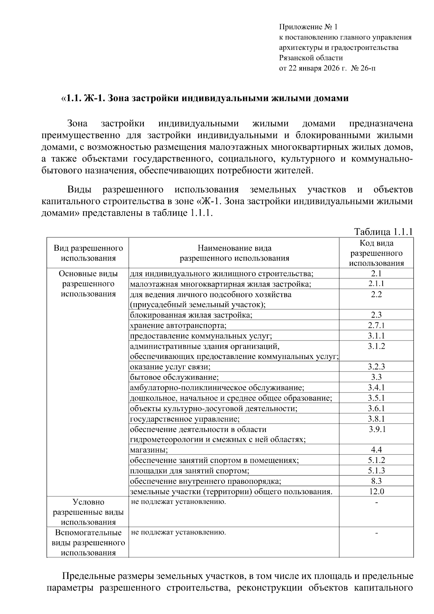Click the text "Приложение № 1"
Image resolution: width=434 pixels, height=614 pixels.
[x=308, y=27]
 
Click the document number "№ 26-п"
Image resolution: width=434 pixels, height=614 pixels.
[x=363, y=68]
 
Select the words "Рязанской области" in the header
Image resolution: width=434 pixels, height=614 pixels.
[x=311, y=58]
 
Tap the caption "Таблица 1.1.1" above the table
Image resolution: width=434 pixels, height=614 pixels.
[x=383, y=232]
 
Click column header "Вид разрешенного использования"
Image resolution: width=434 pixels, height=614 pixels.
[x=88, y=253]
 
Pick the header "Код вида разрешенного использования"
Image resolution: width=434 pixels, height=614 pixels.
[x=376, y=253]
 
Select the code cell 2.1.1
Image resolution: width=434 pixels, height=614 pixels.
[x=376, y=284]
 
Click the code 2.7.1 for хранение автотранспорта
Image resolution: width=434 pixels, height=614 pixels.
[x=376, y=325]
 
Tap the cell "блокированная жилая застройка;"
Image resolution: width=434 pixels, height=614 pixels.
[x=191, y=315]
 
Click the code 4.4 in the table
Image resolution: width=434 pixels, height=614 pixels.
[x=376, y=450]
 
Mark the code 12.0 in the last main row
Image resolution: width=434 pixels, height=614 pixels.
[x=376, y=491]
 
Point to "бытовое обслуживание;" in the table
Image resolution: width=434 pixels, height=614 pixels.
[x=174, y=377]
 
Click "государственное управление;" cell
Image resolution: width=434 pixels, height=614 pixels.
[x=185, y=419]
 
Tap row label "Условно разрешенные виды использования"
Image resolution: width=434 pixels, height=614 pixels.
[x=88, y=512]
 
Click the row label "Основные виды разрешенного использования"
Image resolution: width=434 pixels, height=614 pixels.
[x=88, y=284]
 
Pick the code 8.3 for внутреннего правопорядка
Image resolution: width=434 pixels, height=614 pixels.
[x=376, y=481]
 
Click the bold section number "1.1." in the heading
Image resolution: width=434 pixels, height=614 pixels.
[x=73, y=98]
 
